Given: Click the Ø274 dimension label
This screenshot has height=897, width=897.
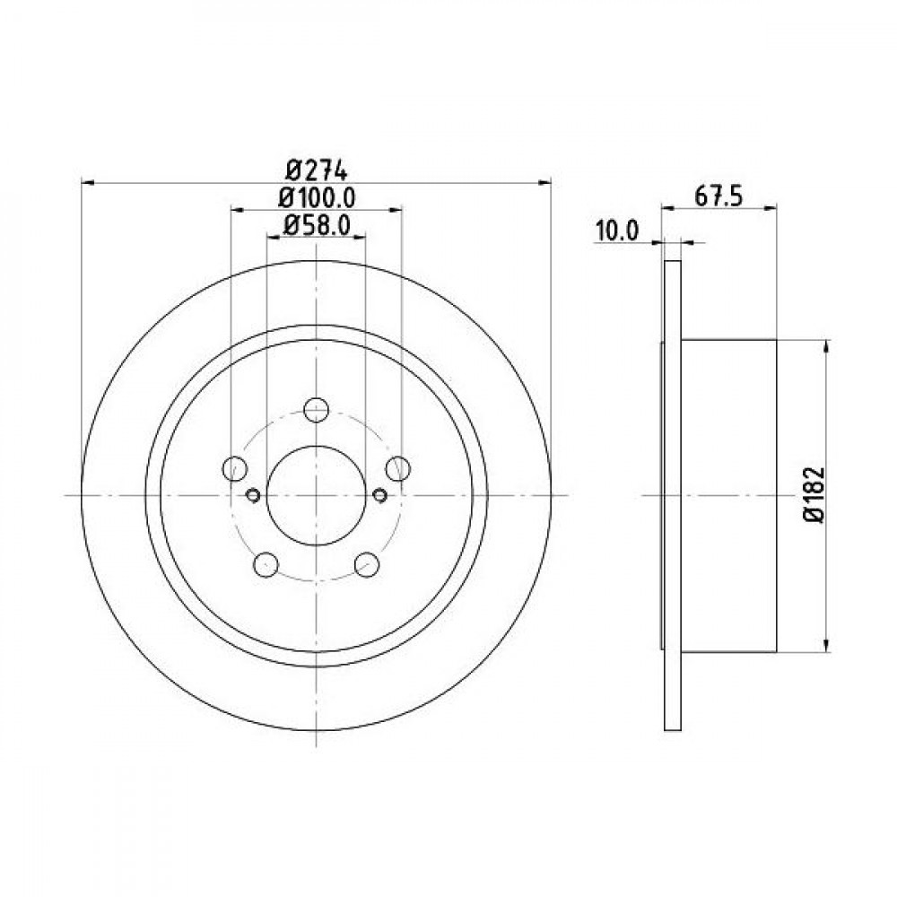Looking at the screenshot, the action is pyautogui.click(x=316, y=170).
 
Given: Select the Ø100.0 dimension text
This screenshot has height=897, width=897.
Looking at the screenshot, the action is pyautogui.click(x=317, y=198).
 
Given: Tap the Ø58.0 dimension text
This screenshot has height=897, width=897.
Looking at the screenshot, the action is pyautogui.click(x=317, y=225).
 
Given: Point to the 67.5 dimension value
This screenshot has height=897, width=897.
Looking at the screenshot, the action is pyautogui.click(x=718, y=196).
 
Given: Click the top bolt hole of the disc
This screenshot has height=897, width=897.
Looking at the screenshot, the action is pyautogui.click(x=316, y=410).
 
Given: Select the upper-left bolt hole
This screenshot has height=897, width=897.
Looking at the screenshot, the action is pyautogui.click(x=234, y=469).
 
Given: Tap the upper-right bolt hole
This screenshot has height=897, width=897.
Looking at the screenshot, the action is pyautogui.click(x=397, y=469).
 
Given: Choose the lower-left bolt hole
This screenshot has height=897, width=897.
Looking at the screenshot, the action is pyautogui.click(x=266, y=564).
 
